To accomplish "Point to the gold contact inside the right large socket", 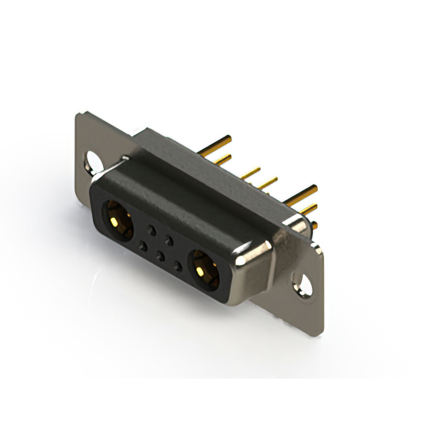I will pyautogui.click(x=206, y=271).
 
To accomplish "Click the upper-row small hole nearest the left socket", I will pyautogui.click(x=152, y=230).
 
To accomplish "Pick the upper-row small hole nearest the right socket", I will pyautogui.click(x=170, y=240).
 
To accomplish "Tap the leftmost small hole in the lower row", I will pyautogui.click(x=142, y=246).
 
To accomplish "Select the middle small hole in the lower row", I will pyautogui.click(x=160, y=256).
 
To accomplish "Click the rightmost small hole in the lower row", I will pyautogui.click(x=177, y=266).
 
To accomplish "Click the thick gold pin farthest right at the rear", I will pyautogui.click(x=302, y=193).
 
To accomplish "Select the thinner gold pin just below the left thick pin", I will pyautogui.click(x=223, y=159).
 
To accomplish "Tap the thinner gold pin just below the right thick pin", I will pyautogui.click(x=307, y=209).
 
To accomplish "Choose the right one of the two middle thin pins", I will pyautogui.click(x=268, y=182).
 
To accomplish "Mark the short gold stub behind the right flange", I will pyautogui.click(x=314, y=225).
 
